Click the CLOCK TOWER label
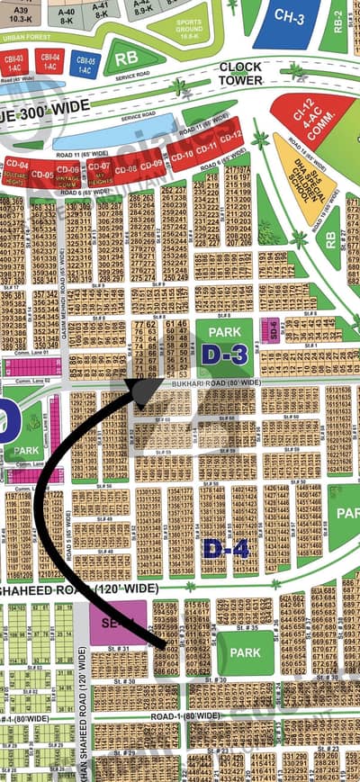240,74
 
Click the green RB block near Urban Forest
121,59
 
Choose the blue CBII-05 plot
84,62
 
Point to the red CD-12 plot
231,136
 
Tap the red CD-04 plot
16,169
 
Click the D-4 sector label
219,547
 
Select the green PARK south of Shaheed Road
246,653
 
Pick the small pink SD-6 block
267,330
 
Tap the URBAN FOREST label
27,37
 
